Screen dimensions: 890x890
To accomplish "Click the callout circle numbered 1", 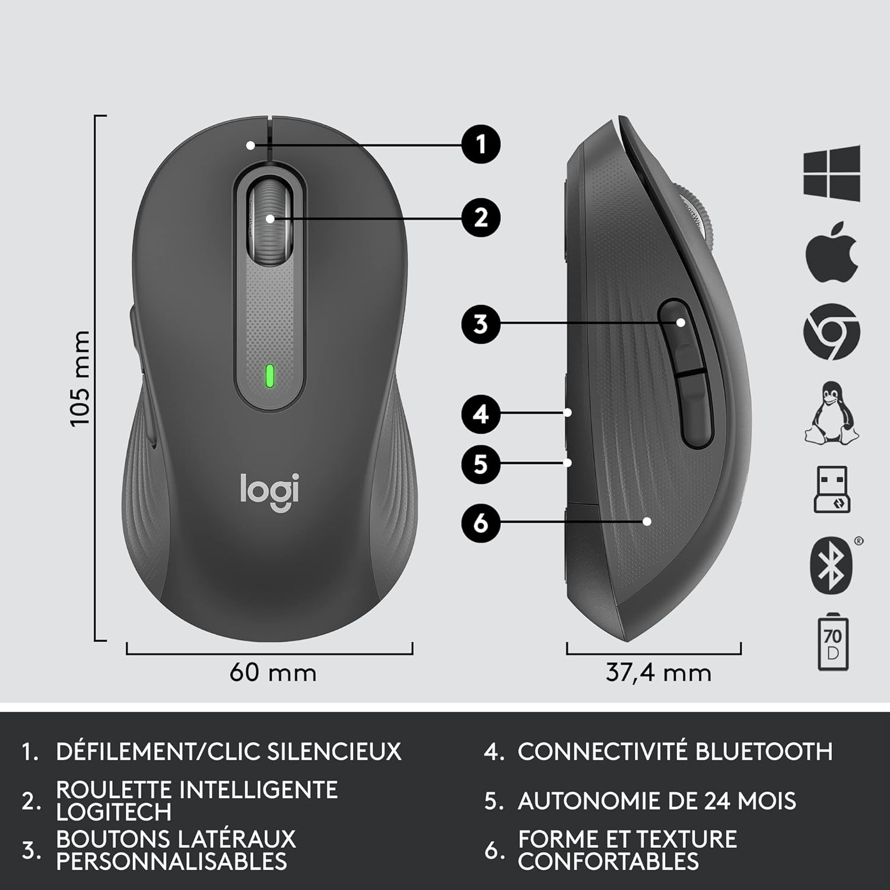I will point(481,144).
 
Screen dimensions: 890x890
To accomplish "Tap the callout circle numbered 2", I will point(481,218).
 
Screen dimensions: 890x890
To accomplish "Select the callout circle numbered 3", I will point(481,324).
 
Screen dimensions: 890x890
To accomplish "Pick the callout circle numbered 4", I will point(481,413).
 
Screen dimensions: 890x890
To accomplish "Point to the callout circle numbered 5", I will point(481,463).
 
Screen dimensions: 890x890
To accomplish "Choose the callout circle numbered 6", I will point(481,523).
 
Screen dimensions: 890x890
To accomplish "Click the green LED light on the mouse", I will point(270,376).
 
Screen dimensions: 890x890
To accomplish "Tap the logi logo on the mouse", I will point(269,491).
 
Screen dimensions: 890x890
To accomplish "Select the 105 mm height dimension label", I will point(80,379).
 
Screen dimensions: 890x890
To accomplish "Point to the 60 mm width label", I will point(273,673).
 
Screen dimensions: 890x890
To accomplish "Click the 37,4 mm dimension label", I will point(658,673).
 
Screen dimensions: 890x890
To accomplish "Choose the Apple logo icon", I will point(832,252).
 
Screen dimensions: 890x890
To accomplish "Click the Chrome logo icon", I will point(832,331).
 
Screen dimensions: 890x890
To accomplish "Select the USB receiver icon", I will point(832,490).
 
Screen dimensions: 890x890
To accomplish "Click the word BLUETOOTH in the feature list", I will point(764,752).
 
